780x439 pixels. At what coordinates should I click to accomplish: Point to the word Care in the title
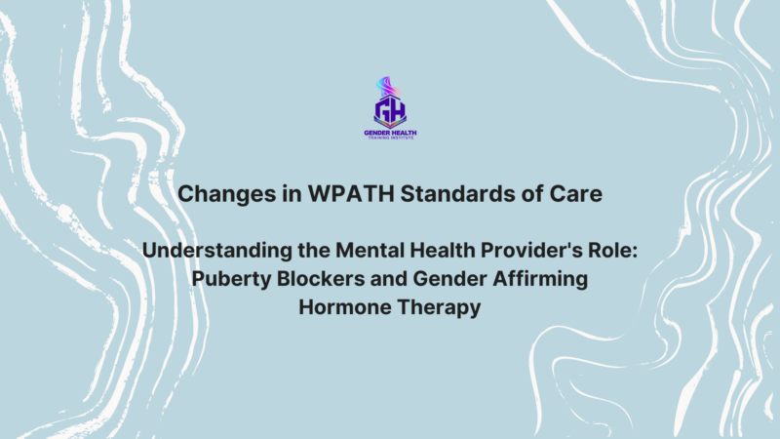(x=576, y=194)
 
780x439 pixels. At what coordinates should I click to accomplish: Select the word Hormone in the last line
(x=344, y=309)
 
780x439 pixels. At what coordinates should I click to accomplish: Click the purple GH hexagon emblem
(x=389, y=109)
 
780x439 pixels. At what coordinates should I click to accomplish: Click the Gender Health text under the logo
(x=389, y=132)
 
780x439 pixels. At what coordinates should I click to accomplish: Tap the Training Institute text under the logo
(x=389, y=139)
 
